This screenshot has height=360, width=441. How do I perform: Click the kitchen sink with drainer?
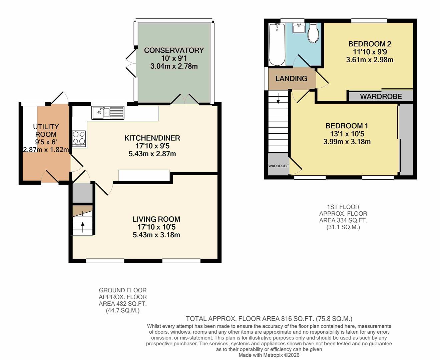108,113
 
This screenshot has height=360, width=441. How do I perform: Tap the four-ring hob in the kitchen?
79,138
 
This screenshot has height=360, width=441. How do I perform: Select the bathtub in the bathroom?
277,44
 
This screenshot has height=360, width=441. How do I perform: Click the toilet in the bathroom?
313,33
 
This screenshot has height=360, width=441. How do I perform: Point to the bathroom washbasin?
299,28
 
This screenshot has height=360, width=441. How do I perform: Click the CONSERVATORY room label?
174,50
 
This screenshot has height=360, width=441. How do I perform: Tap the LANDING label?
291,79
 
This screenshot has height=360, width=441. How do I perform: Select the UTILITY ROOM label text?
46,130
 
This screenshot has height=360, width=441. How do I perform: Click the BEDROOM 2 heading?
370,44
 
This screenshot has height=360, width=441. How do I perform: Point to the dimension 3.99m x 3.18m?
347,142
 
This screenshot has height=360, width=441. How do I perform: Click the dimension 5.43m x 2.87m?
152,154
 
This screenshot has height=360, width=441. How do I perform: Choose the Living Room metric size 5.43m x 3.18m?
156,235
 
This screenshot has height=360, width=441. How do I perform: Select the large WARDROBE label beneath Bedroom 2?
381,97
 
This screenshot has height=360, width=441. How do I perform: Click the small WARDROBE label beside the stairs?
278,166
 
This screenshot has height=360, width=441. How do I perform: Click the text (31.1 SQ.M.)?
343,227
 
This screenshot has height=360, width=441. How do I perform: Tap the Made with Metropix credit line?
269,355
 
